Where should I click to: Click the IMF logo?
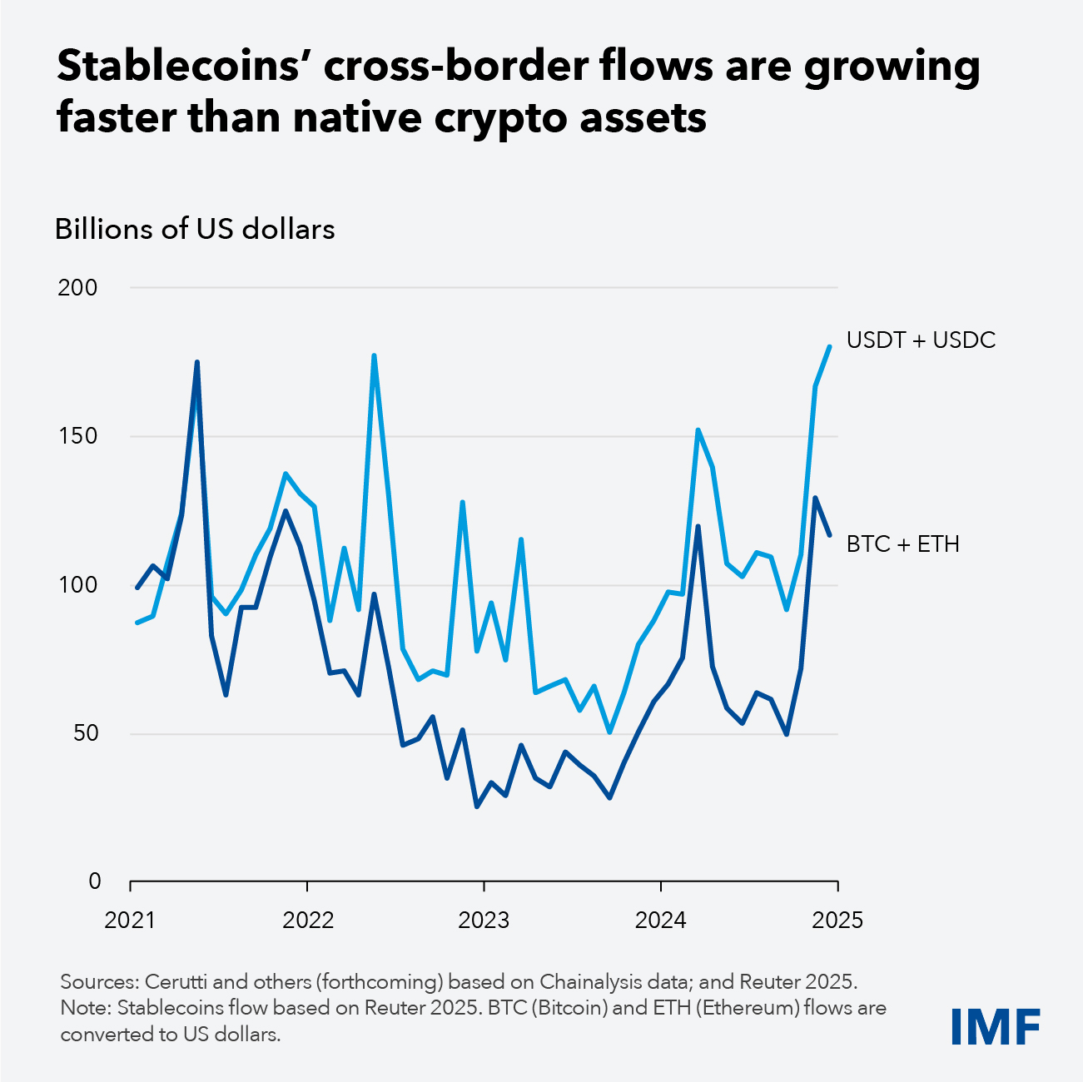tap(996, 1027)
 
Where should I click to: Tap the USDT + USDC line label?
tap(921, 340)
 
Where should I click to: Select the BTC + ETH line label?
tap(902, 544)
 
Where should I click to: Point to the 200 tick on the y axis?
tap(77, 288)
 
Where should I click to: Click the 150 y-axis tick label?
tap(77, 436)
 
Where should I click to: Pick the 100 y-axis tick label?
tap(77, 585)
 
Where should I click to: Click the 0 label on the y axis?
tap(93, 881)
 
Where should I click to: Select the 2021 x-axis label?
tap(131, 921)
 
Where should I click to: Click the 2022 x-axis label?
tap(308, 921)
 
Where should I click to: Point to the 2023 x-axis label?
tap(484, 921)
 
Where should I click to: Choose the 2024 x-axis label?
tap(660, 921)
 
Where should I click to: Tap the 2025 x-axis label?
tap(837, 921)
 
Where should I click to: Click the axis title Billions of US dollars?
tap(195, 229)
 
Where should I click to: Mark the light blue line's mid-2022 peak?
tap(374, 356)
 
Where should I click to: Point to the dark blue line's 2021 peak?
tap(196, 362)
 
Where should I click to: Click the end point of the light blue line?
tap(829, 346)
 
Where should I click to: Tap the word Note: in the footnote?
tap(86, 1008)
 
